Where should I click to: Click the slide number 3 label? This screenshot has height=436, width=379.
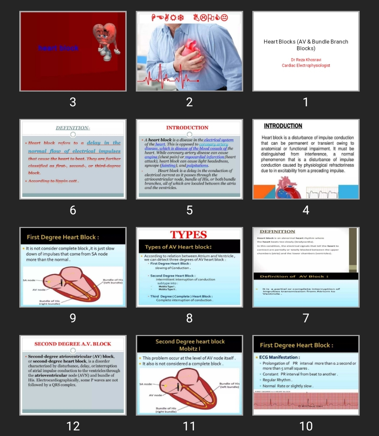[x=73, y=102]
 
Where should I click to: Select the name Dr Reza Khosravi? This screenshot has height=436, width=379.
[x=306, y=60]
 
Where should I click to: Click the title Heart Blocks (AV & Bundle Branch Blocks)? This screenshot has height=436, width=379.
[x=306, y=45]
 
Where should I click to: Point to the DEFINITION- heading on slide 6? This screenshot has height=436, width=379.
[x=73, y=128]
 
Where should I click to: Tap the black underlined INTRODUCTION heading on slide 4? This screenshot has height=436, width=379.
[x=283, y=126]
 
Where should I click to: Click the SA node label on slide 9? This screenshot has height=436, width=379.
[x=29, y=280]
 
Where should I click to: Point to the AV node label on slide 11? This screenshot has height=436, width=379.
[x=155, y=395]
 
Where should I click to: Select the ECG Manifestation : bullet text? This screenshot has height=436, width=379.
[x=279, y=357]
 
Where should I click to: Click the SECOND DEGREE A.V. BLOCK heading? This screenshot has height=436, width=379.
[x=73, y=344]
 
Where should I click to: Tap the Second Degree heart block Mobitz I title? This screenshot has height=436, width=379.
[x=190, y=345]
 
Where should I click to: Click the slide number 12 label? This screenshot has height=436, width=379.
[x=73, y=426]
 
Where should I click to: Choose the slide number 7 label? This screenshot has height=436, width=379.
[x=306, y=318]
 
